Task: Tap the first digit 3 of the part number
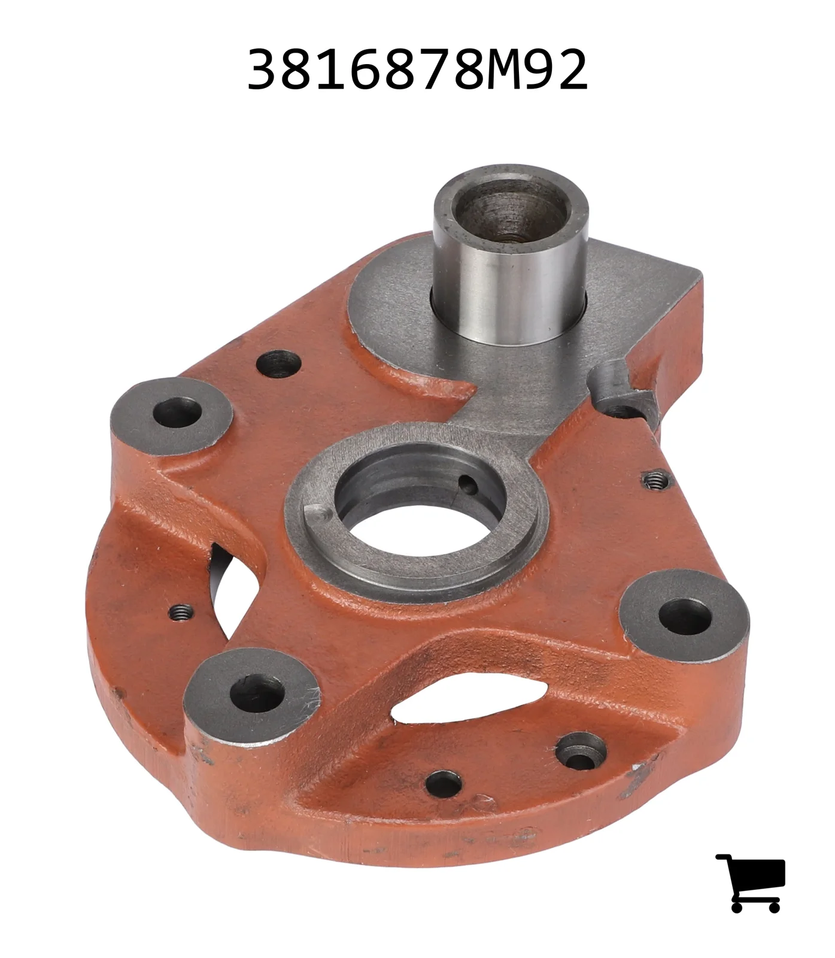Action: [264, 70]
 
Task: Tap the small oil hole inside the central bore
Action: [469, 484]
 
